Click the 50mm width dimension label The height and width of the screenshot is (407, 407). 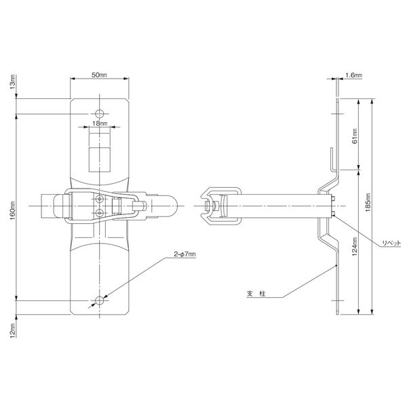99,75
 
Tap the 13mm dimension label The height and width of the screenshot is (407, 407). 13,82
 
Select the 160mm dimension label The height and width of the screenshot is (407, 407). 13,210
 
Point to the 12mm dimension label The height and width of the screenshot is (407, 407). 13,330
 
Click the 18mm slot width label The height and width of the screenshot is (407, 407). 100,123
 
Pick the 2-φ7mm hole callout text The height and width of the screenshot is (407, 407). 185,254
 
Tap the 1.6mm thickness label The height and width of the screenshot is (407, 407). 353,75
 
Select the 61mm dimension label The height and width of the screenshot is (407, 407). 355,136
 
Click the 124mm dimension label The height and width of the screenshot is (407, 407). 355,246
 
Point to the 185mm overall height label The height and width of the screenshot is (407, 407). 368,202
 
